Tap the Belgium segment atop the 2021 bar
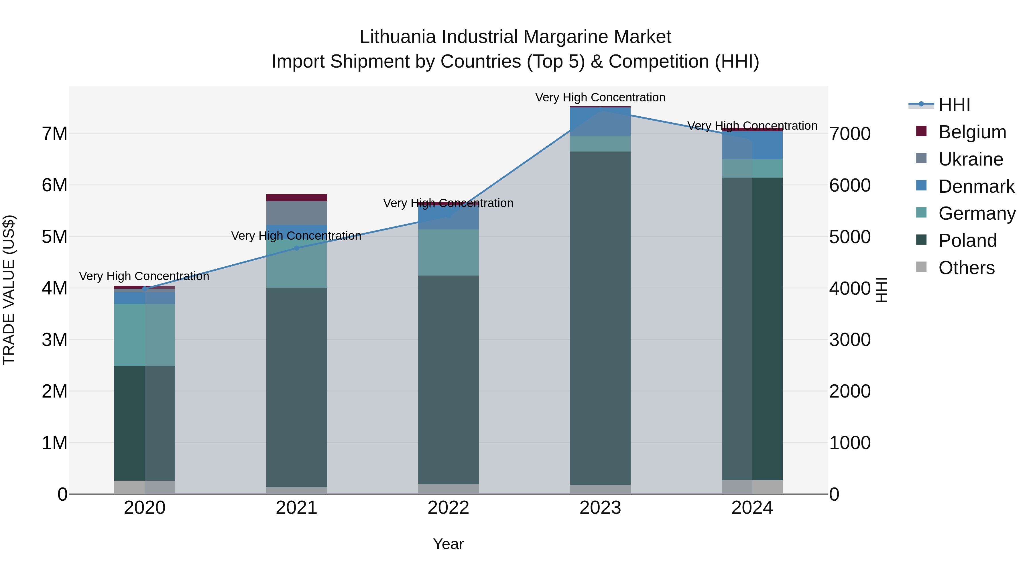(x=297, y=198)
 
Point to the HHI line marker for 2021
(x=297, y=248)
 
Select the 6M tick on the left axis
(x=55, y=185)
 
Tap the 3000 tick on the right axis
(x=849, y=340)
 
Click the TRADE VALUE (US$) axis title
(x=9, y=290)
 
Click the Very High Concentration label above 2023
(x=600, y=98)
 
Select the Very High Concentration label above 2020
(x=144, y=276)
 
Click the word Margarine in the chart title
(x=566, y=37)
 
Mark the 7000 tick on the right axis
(x=849, y=134)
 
